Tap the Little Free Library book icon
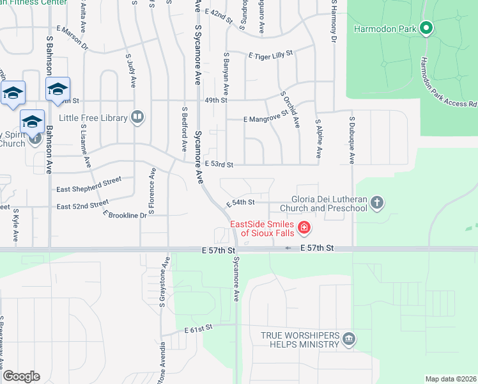pyautogui.click(x=137, y=117)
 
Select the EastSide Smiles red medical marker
pyautogui.click(x=304, y=228)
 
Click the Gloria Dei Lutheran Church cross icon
pyautogui.click(x=377, y=203)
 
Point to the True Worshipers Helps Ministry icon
pyautogui.click(x=348, y=339)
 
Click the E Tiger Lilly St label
pyautogui.click(x=270, y=54)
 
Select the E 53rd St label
pyautogui.click(x=219, y=164)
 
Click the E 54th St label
pyautogui.click(x=241, y=202)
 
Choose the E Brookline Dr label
pyautogui.click(x=125, y=215)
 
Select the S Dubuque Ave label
pyautogui.click(x=352, y=136)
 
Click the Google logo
pyautogui.click(x=21, y=376)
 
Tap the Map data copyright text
pyautogui.click(x=450, y=379)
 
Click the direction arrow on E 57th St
pyautogui.click(x=288, y=248)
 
